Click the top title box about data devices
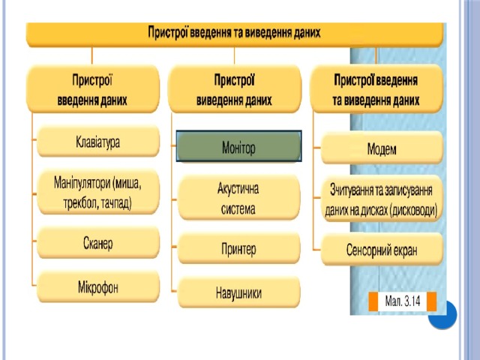coord(235,34)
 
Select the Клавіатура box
coord(98,142)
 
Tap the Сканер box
coord(98,243)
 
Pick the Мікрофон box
coord(98,286)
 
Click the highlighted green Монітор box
coord(238,146)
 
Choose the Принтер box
coord(238,248)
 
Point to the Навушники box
coord(238,292)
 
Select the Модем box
coord(382,148)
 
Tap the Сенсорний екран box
coord(382,250)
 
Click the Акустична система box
coord(238,198)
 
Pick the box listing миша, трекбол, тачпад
coord(98,193)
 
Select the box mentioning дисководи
coord(382,199)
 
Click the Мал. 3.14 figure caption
coord(402,301)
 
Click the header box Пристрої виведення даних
coord(235,89)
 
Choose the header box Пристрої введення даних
coord(93,89)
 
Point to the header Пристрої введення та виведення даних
coord(376,89)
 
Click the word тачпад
coord(116,203)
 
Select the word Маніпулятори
coord(82,183)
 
